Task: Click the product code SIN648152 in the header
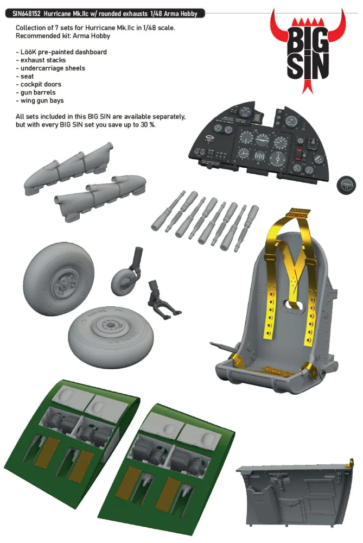(x=26, y=14)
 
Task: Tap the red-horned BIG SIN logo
(x=308, y=51)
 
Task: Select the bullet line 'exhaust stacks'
(x=41, y=60)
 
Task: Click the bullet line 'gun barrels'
(x=36, y=92)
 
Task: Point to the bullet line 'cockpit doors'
(x=39, y=84)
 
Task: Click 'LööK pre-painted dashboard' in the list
(x=61, y=52)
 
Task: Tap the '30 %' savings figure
(x=148, y=125)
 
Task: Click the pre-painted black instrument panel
(x=258, y=140)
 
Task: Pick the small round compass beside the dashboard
(x=346, y=185)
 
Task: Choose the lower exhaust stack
(x=101, y=196)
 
